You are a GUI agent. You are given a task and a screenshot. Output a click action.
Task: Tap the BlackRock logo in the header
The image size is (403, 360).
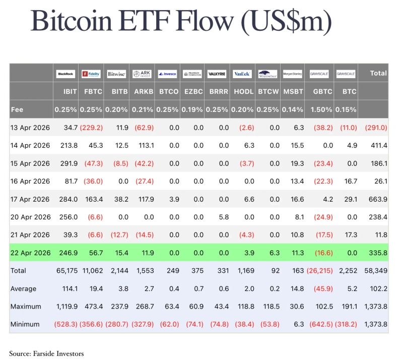click(66, 74)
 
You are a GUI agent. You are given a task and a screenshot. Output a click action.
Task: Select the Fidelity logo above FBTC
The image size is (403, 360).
click(91, 74)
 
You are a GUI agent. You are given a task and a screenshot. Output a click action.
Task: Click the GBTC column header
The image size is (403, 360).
click(320, 92)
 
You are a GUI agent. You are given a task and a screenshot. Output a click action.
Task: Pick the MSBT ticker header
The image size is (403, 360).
click(293, 92)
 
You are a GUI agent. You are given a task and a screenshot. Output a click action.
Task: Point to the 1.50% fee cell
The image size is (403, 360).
click(320, 109)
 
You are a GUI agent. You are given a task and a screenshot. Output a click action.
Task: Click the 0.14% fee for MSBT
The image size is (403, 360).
click(293, 109)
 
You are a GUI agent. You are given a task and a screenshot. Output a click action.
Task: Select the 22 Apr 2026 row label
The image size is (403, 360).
click(31, 253)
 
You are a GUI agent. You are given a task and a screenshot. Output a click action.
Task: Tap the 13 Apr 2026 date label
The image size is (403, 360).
click(31, 128)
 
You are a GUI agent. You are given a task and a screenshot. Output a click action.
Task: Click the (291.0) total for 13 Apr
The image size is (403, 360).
click(376, 128)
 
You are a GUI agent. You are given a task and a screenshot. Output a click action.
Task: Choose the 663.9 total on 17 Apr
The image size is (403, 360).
click(378, 199)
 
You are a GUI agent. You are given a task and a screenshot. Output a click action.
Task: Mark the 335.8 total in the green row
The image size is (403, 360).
click(378, 253)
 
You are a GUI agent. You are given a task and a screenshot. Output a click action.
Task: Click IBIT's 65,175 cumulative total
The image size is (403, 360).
click(67, 271)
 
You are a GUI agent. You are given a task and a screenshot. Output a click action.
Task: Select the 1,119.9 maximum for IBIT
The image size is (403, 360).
click(66, 307)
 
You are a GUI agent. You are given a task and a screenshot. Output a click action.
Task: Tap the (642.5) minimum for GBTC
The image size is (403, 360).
click(319, 324)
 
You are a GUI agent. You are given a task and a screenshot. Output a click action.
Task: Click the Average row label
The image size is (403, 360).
click(24, 289)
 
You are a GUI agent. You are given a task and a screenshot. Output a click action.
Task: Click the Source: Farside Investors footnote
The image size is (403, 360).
click(46, 353)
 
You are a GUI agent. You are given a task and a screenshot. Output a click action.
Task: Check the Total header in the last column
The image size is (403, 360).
click(378, 73)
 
